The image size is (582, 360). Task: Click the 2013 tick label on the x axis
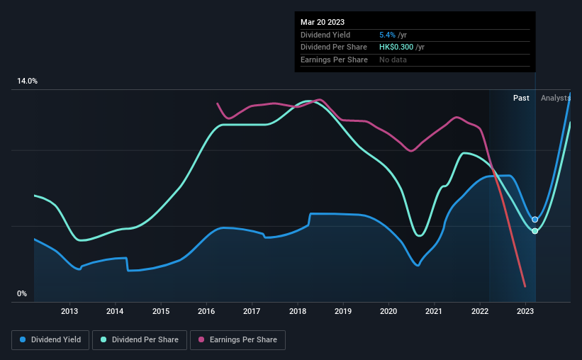[x=69, y=311]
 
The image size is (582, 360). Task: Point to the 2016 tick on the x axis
[x=206, y=311]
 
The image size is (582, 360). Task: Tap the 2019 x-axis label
[x=343, y=311]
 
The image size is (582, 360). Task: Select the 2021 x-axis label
[x=434, y=311]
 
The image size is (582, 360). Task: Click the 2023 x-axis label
[x=525, y=311]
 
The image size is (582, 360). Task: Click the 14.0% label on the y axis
[x=27, y=81]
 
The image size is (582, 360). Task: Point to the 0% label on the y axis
[x=22, y=293]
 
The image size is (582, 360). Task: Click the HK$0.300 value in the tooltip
[x=402, y=47]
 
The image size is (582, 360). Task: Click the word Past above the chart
[x=521, y=98]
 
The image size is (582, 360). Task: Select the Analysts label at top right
[x=555, y=98]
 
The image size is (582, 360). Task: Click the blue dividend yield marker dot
[x=535, y=220]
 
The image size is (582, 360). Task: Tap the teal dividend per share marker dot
[x=535, y=231]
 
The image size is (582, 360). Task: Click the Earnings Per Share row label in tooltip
[x=334, y=60]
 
